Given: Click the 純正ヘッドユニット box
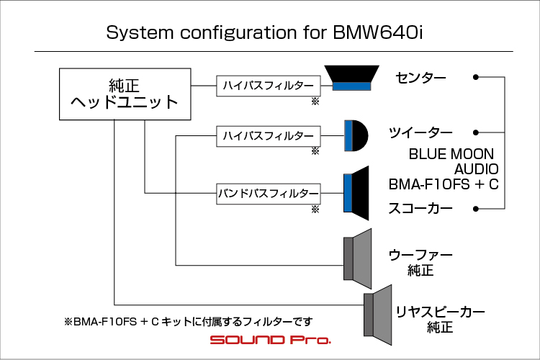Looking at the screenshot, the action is coord(125,94).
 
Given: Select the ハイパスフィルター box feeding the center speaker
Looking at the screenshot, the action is coord(269,86).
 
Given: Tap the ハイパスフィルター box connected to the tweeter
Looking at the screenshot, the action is coord(269,136).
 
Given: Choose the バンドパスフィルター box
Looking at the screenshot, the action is coord(269,194).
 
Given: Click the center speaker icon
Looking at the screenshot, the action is coord(351,78).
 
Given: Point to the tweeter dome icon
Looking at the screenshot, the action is coord(356,136).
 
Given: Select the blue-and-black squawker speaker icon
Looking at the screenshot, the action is coord(356,193).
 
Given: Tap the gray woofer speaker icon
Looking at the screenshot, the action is coord(357,258).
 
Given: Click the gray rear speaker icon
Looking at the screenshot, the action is coord(378,315).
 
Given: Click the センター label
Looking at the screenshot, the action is coord(420,78).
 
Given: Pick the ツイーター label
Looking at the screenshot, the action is coord(420,132).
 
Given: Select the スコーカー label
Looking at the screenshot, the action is coord(420,208).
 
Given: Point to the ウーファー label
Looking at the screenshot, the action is coord(420,256).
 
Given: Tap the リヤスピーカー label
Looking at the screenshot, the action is coord(440,312).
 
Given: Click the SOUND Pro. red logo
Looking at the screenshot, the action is coord(271,340).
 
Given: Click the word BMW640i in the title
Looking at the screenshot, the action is coord(378,32).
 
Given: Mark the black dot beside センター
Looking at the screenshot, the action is coord(476,77).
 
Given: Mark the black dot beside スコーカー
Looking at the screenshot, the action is coord(476,209).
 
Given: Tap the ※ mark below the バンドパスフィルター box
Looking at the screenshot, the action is coord(315,209).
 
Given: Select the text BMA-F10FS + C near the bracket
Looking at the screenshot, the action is coord(444,184).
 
